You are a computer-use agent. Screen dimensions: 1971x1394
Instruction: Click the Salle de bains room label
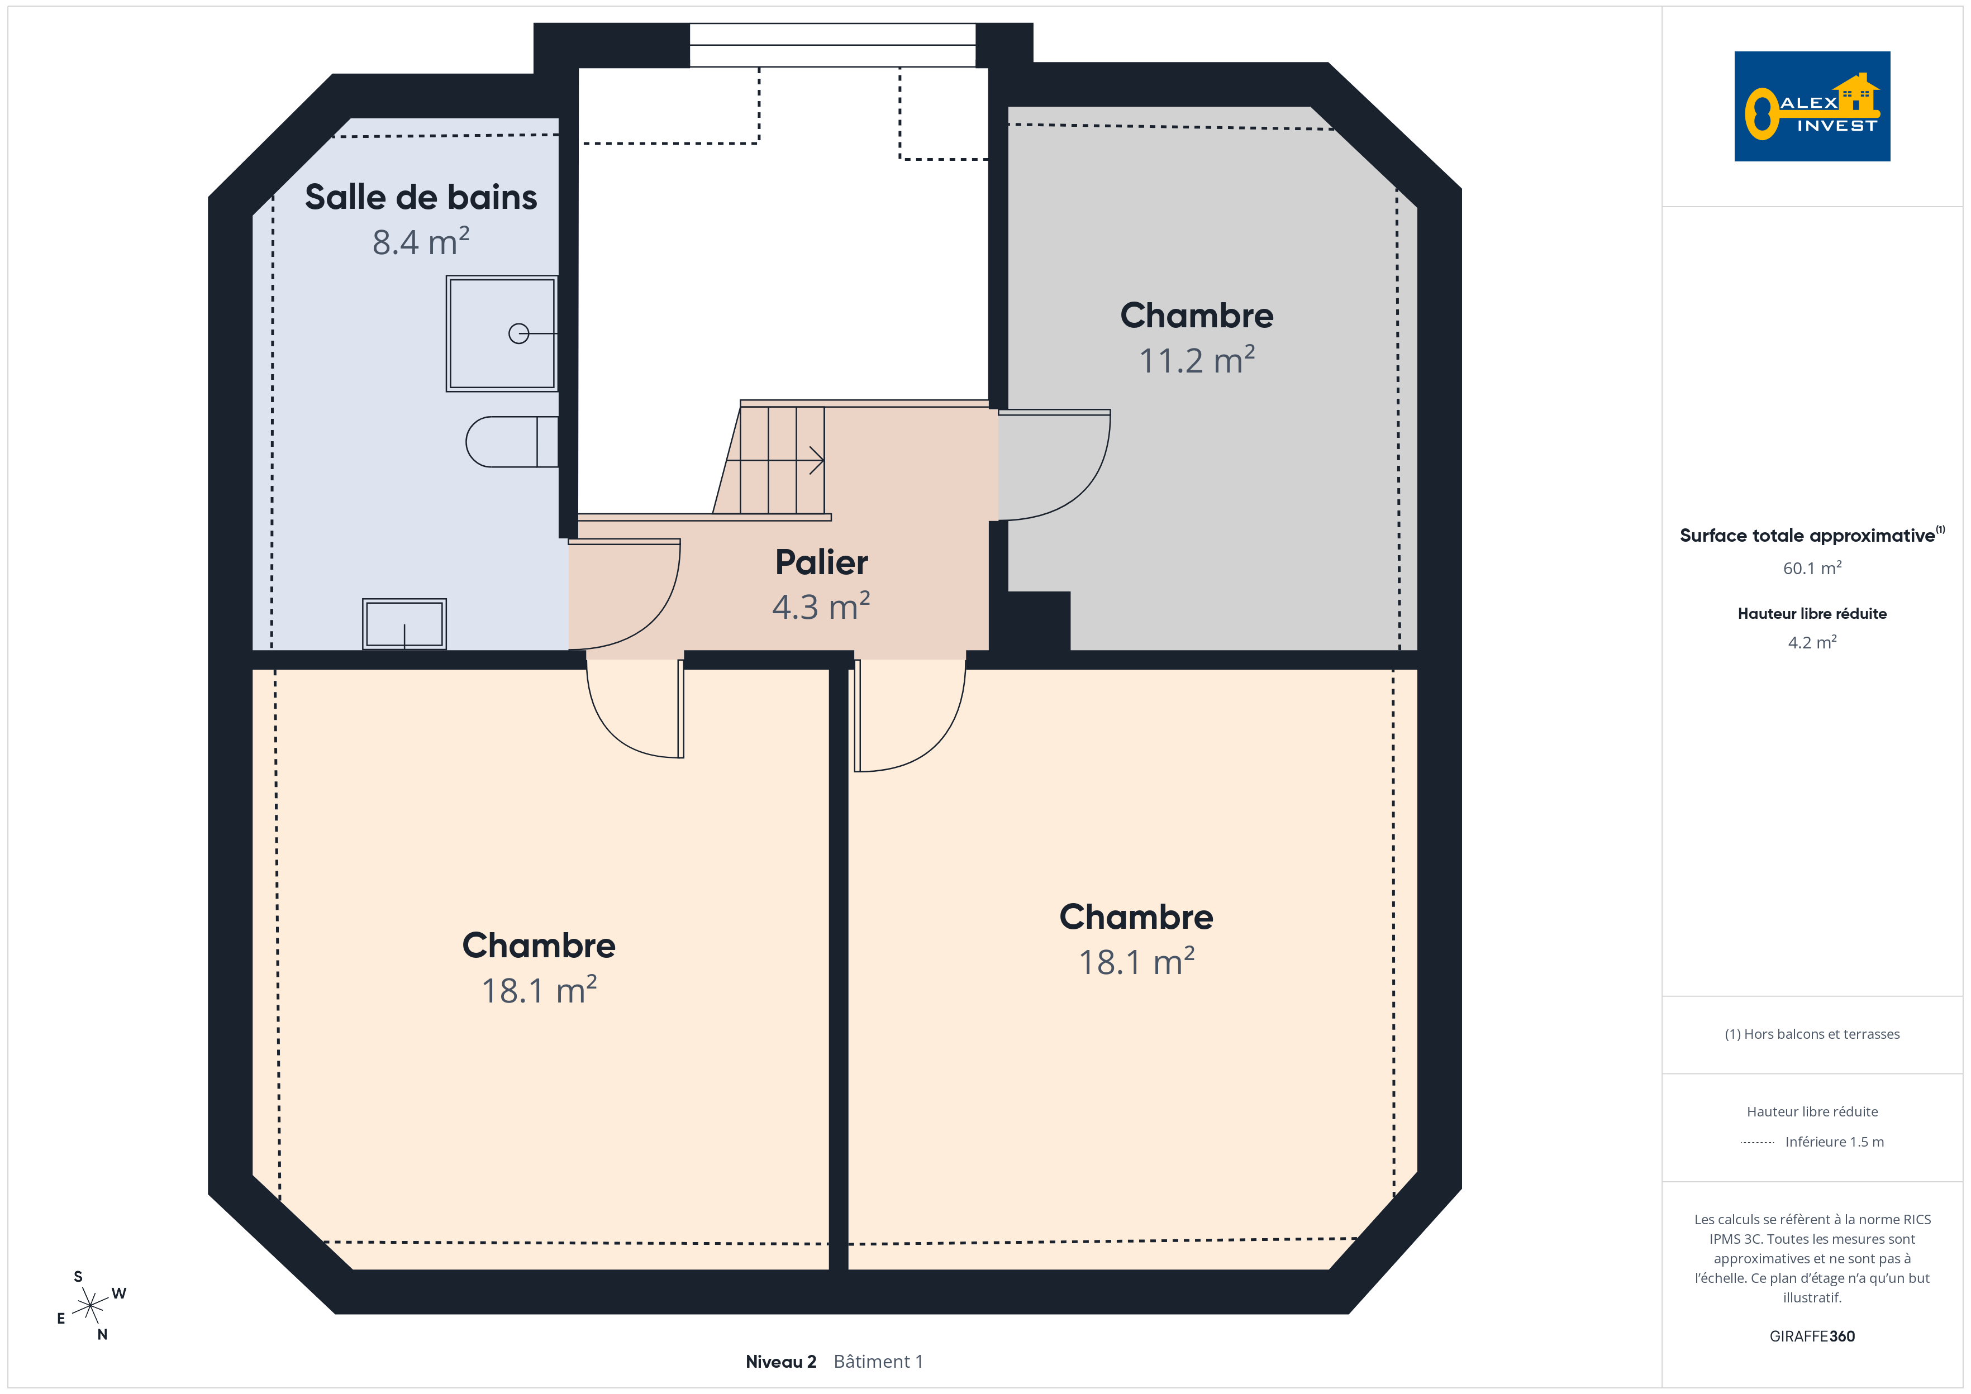click(x=421, y=197)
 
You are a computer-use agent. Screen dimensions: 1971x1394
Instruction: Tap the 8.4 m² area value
click(x=421, y=241)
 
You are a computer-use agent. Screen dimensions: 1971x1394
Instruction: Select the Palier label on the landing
click(x=822, y=563)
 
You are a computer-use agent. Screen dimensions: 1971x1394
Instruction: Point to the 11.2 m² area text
click(x=1197, y=360)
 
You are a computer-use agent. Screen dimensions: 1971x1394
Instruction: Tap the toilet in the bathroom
click(x=512, y=442)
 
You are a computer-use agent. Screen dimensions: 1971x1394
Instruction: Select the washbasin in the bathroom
click(x=404, y=623)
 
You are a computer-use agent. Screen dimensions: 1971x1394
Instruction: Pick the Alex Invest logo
click(x=1812, y=107)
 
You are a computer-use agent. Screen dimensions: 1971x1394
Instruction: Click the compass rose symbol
click(x=90, y=1306)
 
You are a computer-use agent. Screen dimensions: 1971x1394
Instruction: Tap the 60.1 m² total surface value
click(x=1812, y=568)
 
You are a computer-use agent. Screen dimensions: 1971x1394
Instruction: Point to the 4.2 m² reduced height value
click(x=1812, y=642)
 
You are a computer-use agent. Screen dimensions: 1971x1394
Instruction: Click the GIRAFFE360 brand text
click(x=1812, y=1336)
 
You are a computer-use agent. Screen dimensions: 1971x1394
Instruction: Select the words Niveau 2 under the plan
click(x=780, y=1362)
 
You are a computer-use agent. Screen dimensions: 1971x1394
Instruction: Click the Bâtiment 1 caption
click(x=878, y=1362)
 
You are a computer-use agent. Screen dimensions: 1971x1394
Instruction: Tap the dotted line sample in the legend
click(x=1757, y=1143)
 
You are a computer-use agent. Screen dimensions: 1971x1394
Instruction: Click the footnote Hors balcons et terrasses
click(x=1812, y=1034)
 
